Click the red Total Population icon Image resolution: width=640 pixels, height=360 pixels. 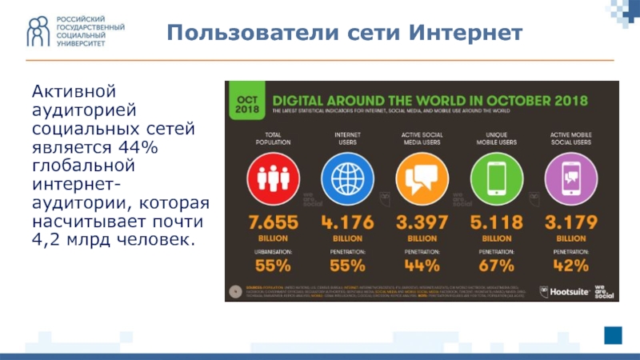coord(269,178)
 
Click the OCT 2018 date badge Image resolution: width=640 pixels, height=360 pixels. coord(249,103)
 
